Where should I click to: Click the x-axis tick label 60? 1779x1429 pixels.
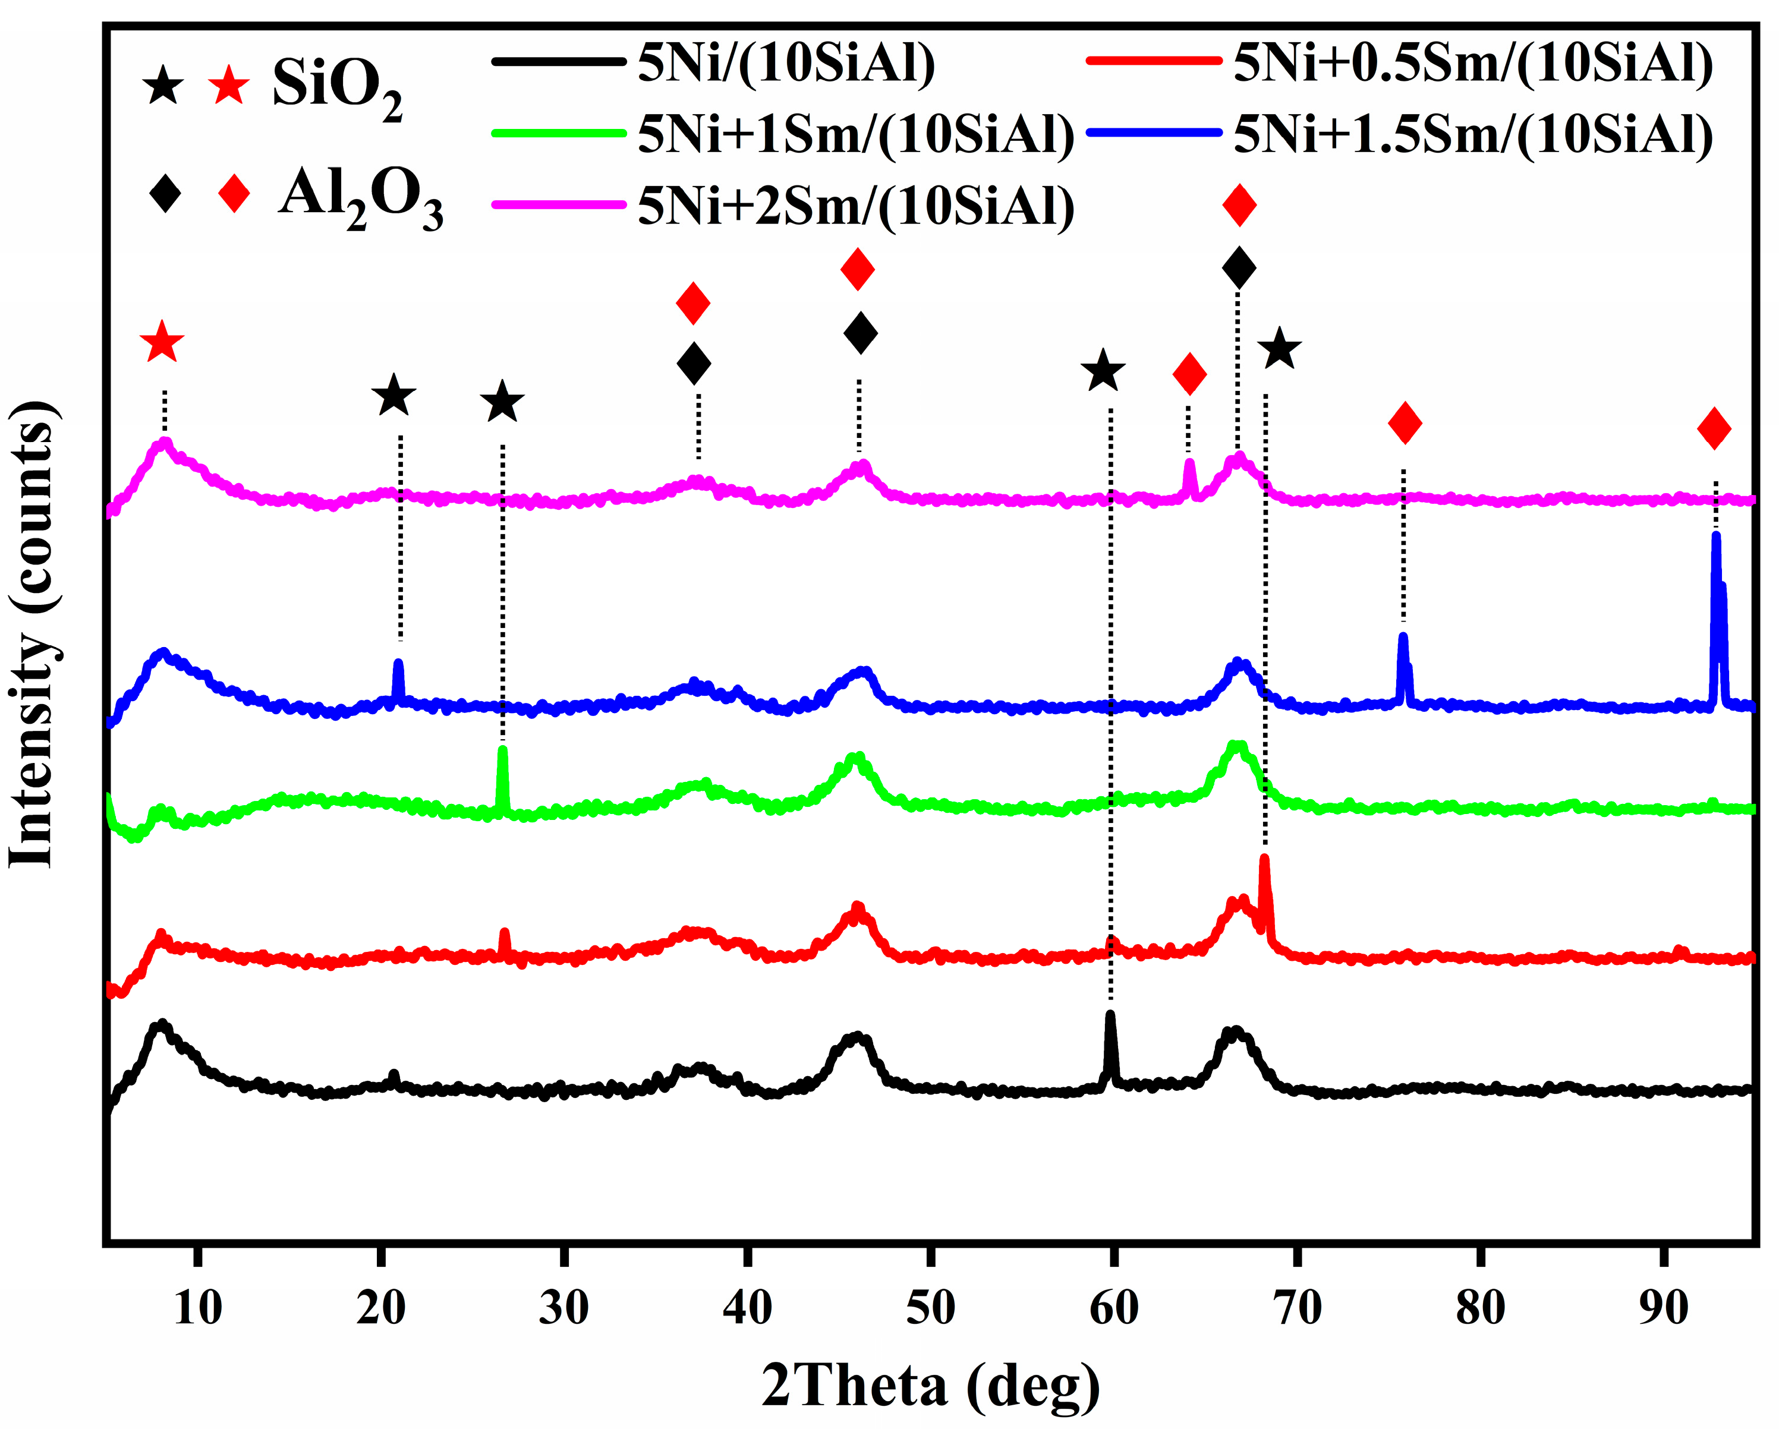click(1113, 1308)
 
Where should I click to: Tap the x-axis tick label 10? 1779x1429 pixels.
click(197, 1308)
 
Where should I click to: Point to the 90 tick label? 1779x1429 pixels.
click(1663, 1308)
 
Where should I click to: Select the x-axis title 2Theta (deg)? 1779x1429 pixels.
click(930, 1386)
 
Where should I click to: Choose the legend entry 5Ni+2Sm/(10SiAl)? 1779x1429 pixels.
click(856, 206)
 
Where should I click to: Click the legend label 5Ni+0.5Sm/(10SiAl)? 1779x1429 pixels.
click(1473, 63)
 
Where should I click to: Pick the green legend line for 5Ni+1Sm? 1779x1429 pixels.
click(559, 133)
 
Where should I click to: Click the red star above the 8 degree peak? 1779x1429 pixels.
click(162, 342)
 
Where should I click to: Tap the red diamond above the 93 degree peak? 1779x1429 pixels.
click(1714, 428)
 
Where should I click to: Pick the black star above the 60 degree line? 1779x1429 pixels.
click(1103, 371)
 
